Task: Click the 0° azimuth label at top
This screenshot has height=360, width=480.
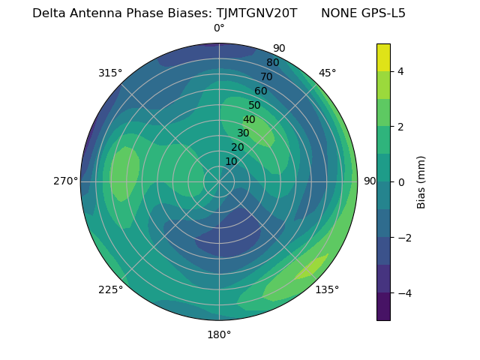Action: click(219, 28)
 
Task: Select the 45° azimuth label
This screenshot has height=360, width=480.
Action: click(327, 73)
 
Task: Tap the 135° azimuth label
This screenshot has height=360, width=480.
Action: click(327, 289)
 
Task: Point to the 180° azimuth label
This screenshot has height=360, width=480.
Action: click(219, 334)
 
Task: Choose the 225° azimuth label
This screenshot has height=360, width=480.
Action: click(110, 289)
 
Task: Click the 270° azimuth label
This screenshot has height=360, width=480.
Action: click(65, 181)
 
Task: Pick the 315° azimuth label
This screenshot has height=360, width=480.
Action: click(110, 73)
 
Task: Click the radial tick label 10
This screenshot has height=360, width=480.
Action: click(231, 162)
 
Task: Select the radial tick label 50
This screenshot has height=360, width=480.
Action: click(254, 106)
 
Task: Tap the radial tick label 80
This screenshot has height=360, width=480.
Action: click(272, 63)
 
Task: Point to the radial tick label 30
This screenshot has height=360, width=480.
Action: click(243, 133)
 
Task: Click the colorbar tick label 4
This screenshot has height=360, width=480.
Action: click(400, 71)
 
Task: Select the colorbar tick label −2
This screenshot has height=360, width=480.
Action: click(400, 238)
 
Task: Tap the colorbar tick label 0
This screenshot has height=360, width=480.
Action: click(400, 182)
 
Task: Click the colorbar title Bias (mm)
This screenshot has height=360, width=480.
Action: click(421, 181)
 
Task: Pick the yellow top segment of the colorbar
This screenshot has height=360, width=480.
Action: click(383, 57)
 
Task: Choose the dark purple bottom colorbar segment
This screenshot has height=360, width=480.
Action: click(383, 307)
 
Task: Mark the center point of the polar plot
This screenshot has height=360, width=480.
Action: click(219, 181)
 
